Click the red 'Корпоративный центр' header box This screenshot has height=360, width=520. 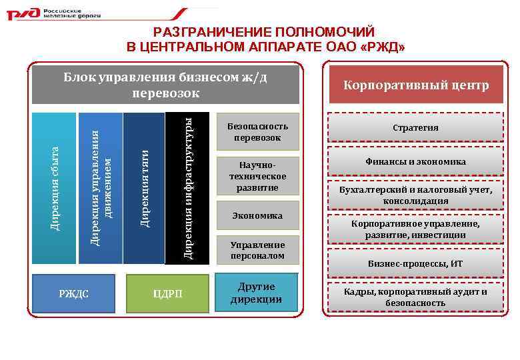(415, 86)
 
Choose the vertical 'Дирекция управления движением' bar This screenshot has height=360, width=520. (101, 189)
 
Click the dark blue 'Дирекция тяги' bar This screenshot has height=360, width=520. (144, 189)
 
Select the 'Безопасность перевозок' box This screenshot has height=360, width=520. (257, 131)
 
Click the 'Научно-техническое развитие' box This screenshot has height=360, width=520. (257, 176)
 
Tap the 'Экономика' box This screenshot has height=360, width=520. (257, 216)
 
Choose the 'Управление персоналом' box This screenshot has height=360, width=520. (257, 250)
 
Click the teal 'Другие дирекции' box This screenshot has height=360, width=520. (257, 293)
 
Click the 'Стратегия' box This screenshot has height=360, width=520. (415, 127)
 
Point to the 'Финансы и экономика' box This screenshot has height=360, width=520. (415, 161)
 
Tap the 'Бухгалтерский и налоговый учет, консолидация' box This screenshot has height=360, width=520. (415, 195)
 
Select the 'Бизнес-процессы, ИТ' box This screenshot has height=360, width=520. (415, 263)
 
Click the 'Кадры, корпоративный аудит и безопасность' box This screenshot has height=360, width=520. (415, 297)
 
